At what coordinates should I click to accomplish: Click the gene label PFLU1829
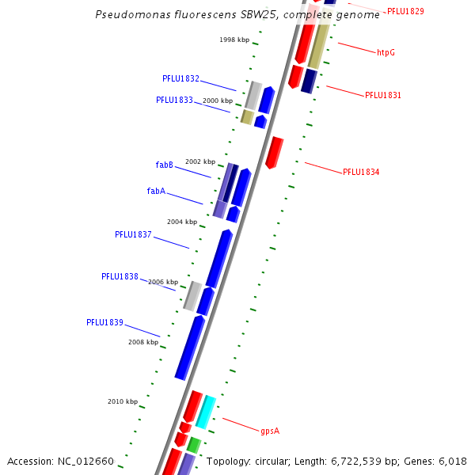tap(405, 11)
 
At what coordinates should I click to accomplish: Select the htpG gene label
tap(386, 53)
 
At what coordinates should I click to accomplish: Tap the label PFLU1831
tap(382, 96)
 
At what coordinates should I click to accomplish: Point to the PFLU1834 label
tap(360, 172)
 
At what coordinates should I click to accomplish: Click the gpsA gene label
tap(270, 431)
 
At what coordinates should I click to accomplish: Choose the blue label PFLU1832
tap(180, 79)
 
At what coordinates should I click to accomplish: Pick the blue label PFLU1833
tap(174, 101)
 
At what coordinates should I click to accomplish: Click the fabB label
tap(164, 165)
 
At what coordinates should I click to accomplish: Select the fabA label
tap(156, 191)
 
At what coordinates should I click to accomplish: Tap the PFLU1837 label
tap(133, 234)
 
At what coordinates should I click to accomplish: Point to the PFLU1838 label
tap(120, 277)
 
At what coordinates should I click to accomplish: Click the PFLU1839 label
tap(104, 322)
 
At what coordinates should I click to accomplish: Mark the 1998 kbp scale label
tap(234, 40)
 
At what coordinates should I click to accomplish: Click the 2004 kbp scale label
tap(182, 222)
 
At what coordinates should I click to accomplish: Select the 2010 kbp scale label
tap(123, 401)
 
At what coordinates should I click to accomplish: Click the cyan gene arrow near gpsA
tap(206, 411)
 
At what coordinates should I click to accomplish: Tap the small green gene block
tap(194, 445)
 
